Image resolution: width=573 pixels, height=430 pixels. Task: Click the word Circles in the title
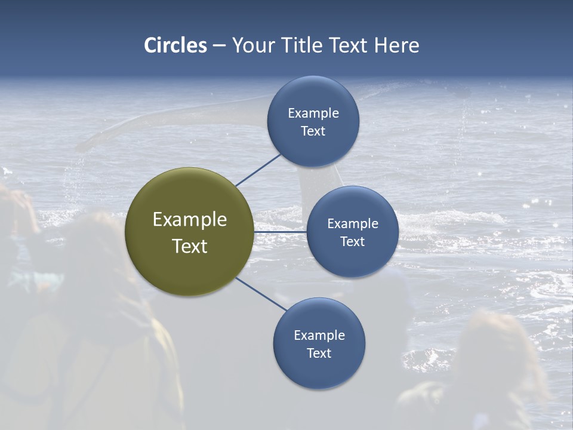pyautogui.click(x=175, y=45)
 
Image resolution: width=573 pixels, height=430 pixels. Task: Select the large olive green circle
pyautogui.click(x=189, y=232)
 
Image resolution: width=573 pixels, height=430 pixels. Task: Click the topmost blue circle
pyautogui.click(x=313, y=121)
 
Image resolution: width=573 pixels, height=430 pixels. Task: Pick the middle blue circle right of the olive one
pyautogui.click(x=352, y=232)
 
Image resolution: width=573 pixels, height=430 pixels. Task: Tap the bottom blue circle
pyautogui.click(x=319, y=343)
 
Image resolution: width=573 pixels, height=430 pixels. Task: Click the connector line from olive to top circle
pyautogui.click(x=258, y=170)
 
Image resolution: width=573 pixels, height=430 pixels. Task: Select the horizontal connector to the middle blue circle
pyautogui.click(x=280, y=232)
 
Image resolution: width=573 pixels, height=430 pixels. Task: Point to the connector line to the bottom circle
pyautogui.click(x=261, y=294)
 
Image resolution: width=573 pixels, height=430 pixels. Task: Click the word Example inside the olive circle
pyautogui.click(x=189, y=219)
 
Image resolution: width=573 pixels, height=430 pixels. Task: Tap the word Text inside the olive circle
pyautogui.click(x=189, y=246)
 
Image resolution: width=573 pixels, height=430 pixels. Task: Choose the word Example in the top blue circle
pyautogui.click(x=313, y=113)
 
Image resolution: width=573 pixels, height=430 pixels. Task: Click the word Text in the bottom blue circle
pyautogui.click(x=319, y=353)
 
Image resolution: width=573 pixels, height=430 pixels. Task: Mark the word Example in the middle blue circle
pyautogui.click(x=352, y=223)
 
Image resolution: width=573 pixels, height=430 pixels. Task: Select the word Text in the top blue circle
pyautogui.click(x=313, y=131)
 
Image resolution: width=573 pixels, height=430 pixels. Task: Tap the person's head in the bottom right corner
pyautogui.click(x=495, y=340)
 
